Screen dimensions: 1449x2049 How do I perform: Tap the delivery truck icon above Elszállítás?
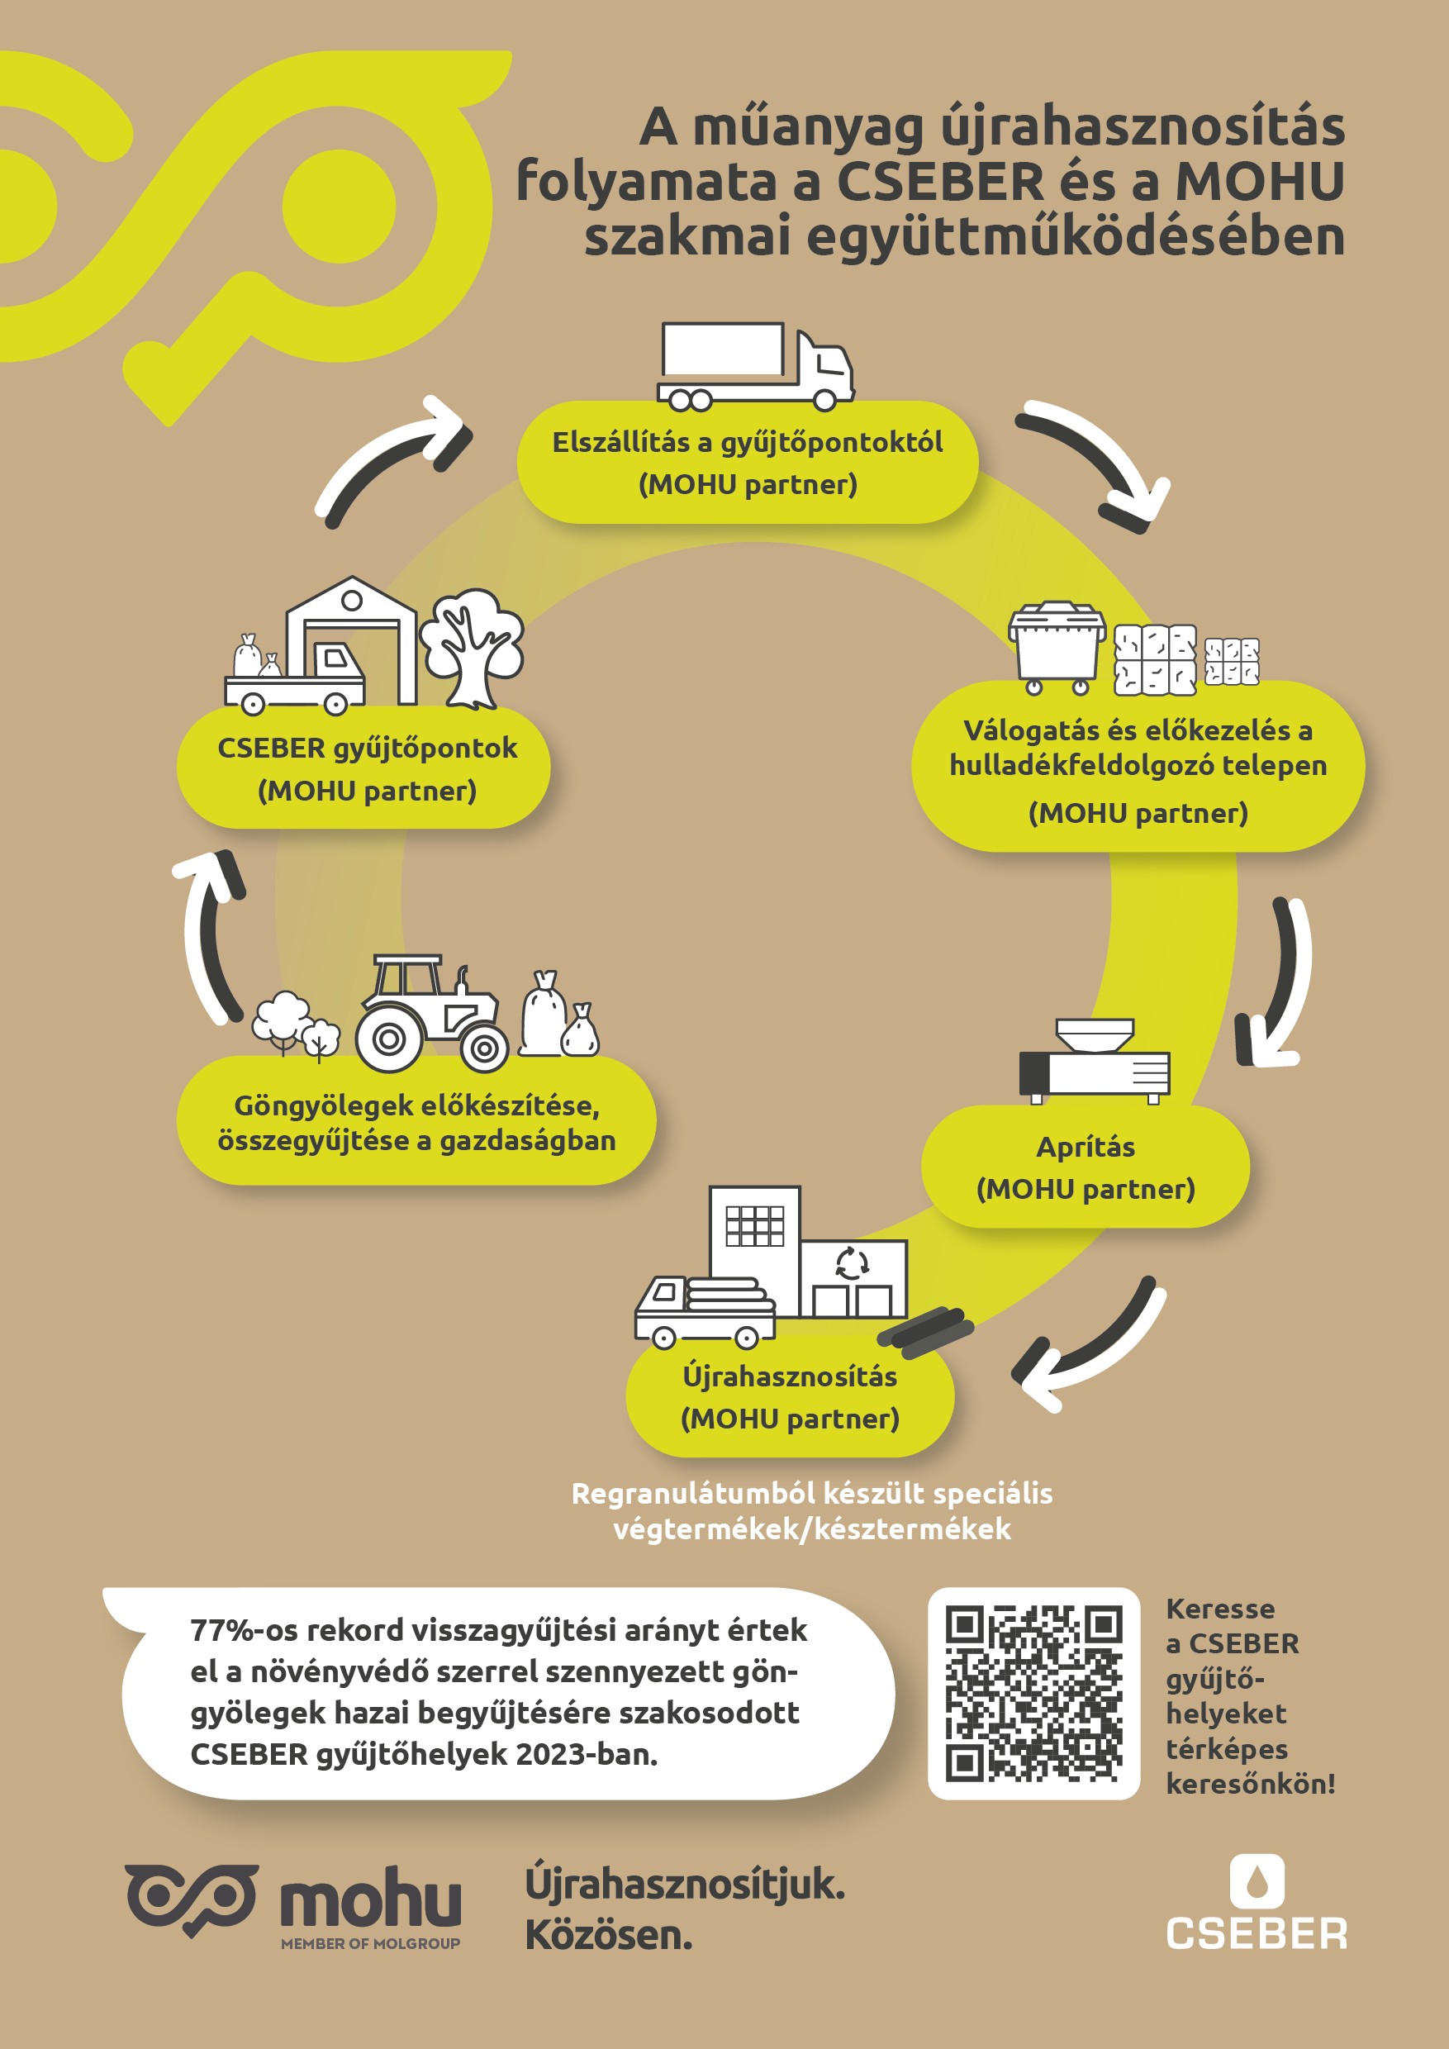756,366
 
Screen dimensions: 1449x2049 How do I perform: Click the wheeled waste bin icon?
1057,647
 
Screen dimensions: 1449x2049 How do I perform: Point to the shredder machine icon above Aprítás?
1095,1061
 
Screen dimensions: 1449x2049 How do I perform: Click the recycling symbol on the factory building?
851,1262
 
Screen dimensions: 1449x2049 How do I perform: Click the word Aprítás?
1085,1147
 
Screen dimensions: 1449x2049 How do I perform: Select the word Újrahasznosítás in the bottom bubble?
790,1376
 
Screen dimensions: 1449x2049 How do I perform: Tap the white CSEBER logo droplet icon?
1257,1880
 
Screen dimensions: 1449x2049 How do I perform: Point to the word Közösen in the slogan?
609,1935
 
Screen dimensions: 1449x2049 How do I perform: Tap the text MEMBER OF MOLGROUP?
370,1942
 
